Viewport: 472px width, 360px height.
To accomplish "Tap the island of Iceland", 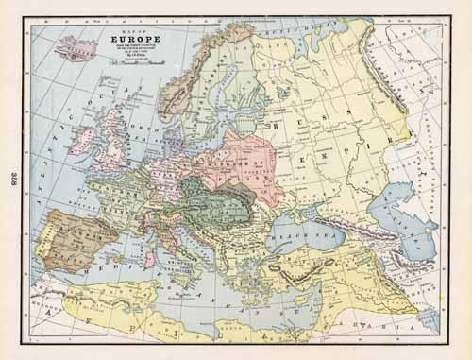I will click(x=79, y=48).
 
